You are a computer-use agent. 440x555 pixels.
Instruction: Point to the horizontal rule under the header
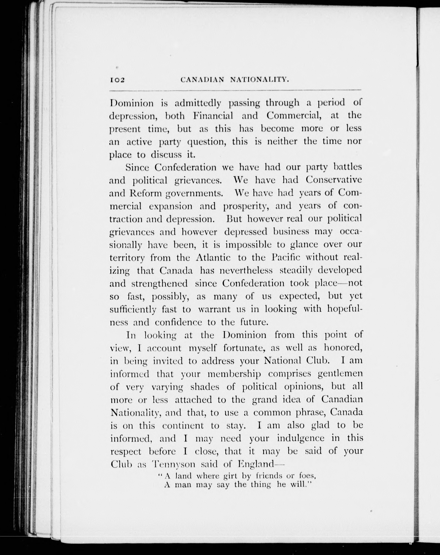pos(235,90)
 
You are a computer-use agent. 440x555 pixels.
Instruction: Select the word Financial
pos(213,116)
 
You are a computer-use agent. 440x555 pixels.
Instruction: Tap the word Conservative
pos(334,180)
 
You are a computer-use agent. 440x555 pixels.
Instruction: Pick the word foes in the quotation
pos(305,476)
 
